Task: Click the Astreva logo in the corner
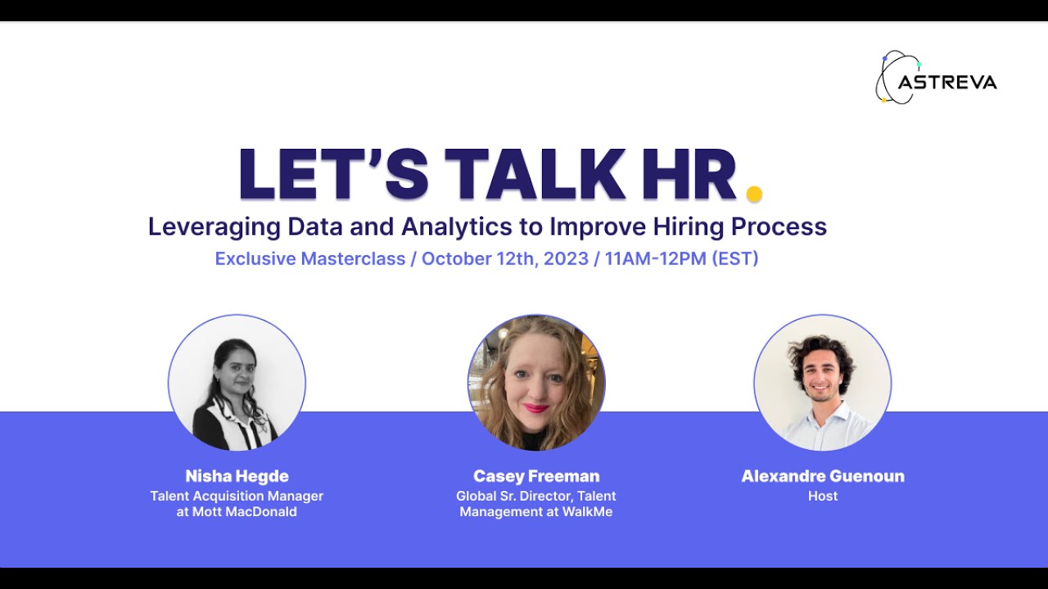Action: pos(936,79)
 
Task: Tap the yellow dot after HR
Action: pos(754,193)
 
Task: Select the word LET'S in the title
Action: pos(334,174)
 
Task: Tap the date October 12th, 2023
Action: pos(504,259)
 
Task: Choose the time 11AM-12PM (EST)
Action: pos(681,259)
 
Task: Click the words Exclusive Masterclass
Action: pos(309,259)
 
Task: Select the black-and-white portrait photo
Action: pos(237,383)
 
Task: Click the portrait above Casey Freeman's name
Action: pos(536,383)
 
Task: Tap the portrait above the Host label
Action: pos(822,383)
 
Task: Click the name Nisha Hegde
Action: pos(237,476)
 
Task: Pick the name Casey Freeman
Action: pos(536,476)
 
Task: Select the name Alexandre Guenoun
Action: pos(823,476)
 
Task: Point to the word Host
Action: pos(823,496)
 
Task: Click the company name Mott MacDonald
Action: pos(245,512)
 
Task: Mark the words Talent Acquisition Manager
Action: pos(237,496)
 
